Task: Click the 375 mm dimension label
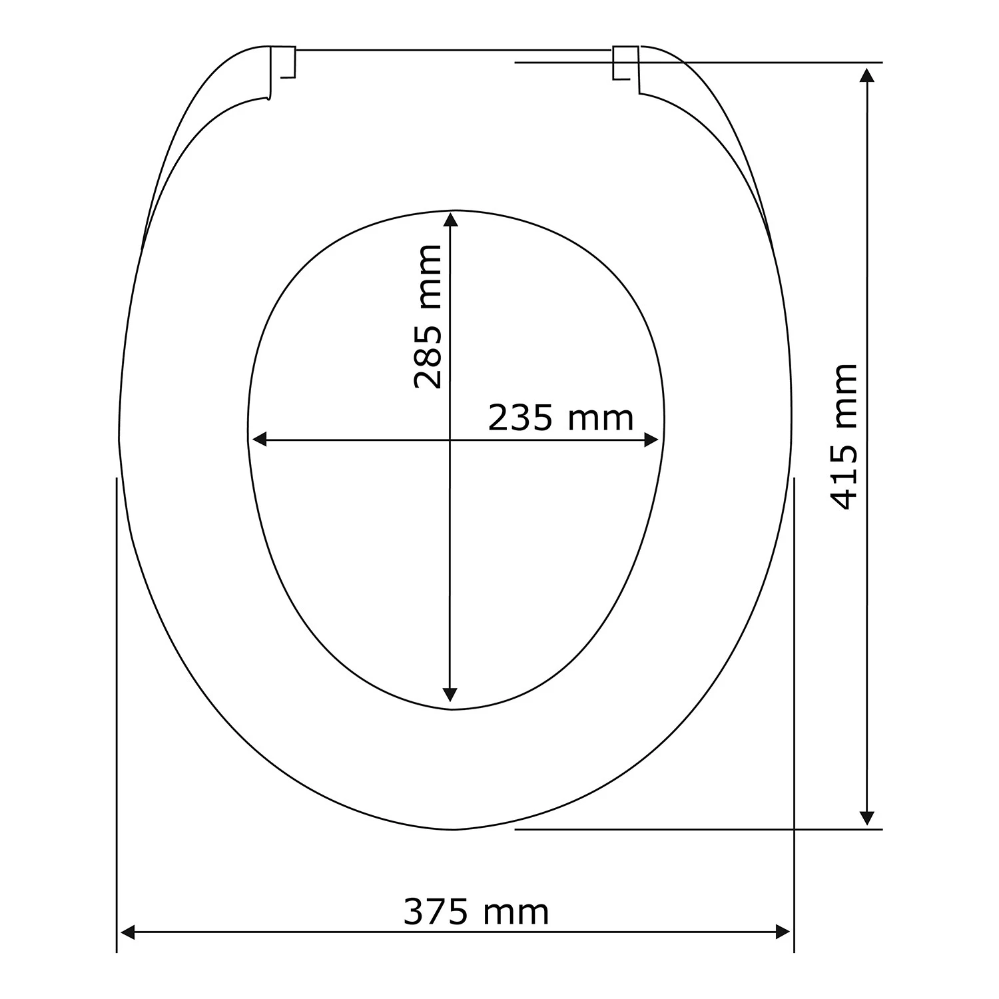pyautogui.click(x=476, y=912)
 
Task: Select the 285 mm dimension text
pyautogui.click(x=428, y=317)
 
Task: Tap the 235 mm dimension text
pyautogui.click(x=561, y=418)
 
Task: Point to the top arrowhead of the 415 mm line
pyautogui.click(x=866, y=74)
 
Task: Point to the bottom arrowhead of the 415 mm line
pyautogui.click(x=866, y=819)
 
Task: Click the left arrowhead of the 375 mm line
pyautogui.click(x=127, y=932)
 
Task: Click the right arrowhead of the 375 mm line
pyautogui.click(x=783, y=932)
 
